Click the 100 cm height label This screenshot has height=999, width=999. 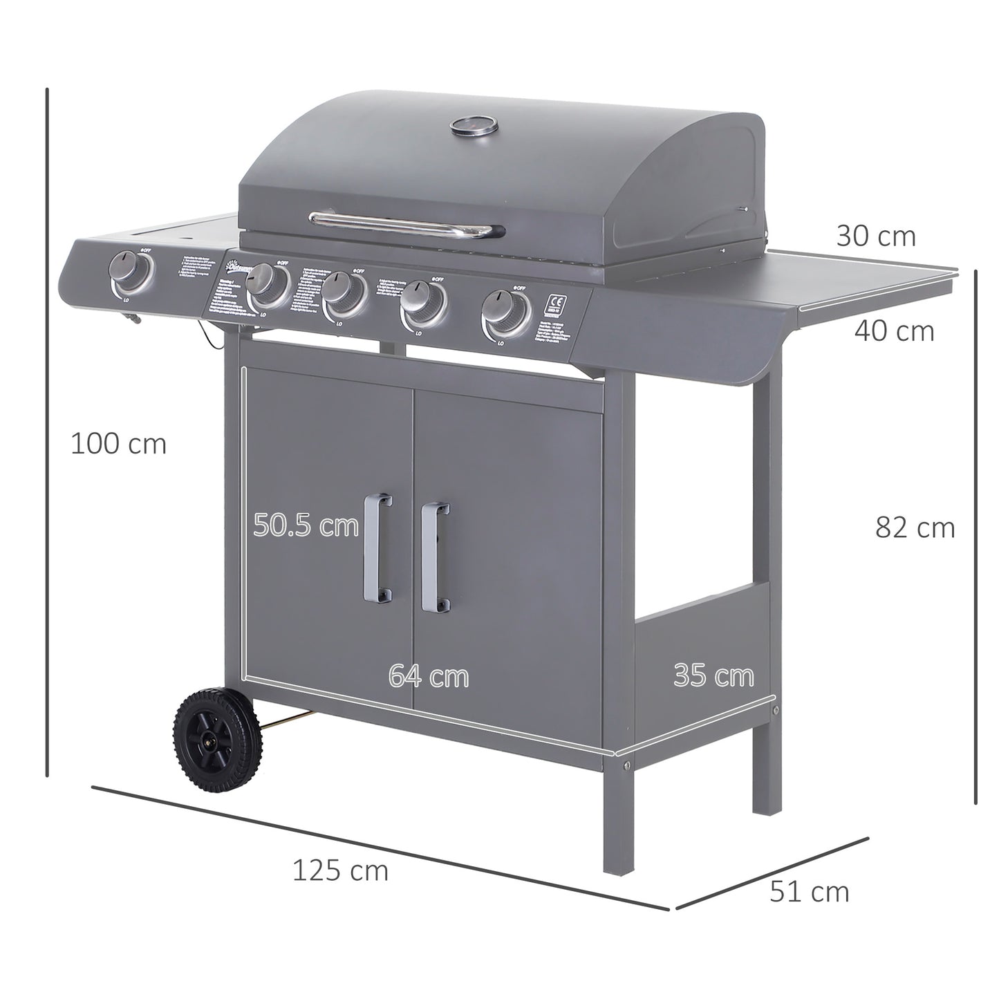click(x=118, y=444)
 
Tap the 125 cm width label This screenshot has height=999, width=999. click(x=340, y=870)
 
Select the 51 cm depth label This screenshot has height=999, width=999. click(x=809, y=892)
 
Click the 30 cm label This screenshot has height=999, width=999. click(x=875, y=236)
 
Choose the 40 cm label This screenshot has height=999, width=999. click(x=894, y=331)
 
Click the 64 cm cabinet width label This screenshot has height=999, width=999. click(x=428, y=675)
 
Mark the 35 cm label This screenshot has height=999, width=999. click(x=713, y=675)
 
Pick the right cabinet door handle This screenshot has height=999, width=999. click(x=435, y=557)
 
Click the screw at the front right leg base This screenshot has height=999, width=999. click(x=626, y=765)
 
